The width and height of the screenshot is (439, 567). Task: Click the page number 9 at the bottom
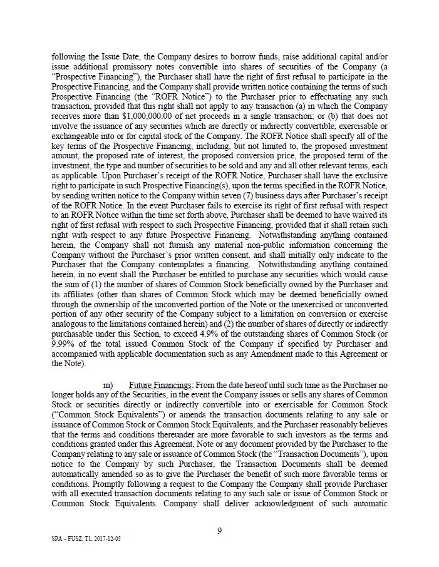coord(219,531)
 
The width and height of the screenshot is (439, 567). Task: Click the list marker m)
coord(108,385)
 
